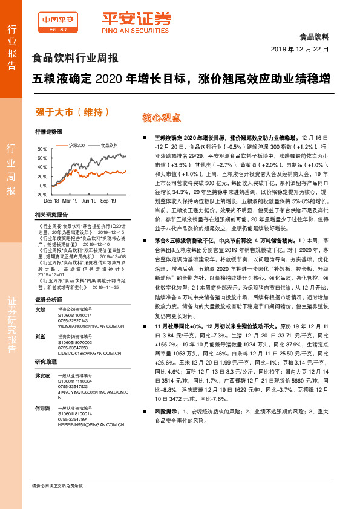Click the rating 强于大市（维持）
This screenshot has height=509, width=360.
click(73, 111)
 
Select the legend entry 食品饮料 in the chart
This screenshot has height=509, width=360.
click(109, 145)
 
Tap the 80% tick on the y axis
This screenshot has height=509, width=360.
click(41, 149)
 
